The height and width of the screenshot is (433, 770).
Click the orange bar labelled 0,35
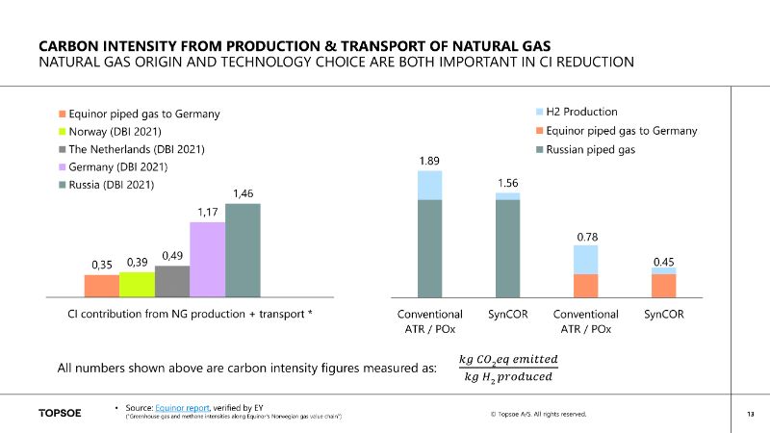(101, 286)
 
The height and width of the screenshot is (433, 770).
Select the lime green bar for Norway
(137, 285)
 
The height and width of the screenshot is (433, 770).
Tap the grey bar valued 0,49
(172, 282)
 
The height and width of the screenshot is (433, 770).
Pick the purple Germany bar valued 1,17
(207, 260)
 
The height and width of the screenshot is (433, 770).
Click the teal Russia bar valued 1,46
(243, 250)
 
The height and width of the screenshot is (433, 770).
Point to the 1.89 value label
(429, 161)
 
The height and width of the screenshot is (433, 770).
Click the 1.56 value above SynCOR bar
(507, 182)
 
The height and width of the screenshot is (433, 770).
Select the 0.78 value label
(585, 235)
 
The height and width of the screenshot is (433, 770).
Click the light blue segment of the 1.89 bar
(429, 185)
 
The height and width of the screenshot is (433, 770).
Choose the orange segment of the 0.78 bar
(585, 286)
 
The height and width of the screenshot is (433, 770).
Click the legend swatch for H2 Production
(538, 113)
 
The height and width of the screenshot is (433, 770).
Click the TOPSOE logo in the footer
(60, 414)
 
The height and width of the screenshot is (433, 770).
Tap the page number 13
(749, 414)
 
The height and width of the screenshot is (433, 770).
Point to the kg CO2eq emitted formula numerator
(509, 359)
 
